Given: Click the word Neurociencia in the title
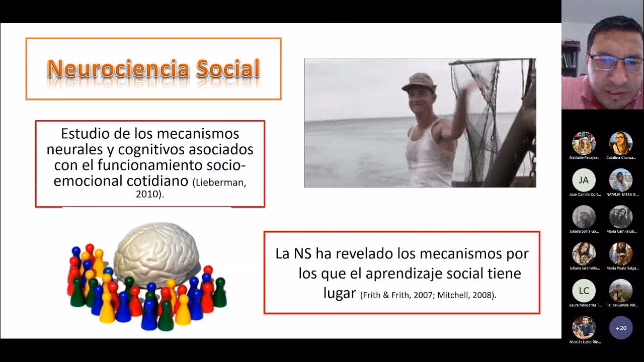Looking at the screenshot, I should (x=118, y=68).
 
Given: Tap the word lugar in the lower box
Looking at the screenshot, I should (x=340, y=293).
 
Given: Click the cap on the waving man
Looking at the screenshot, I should (x=419, y=81).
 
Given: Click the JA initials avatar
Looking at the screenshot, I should (x=584, y=180).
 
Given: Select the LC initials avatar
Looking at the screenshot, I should (x=584, y=291).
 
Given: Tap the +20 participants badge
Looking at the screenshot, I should (x=621, y=328).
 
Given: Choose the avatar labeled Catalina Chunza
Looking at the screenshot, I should (x=621, y=143).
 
